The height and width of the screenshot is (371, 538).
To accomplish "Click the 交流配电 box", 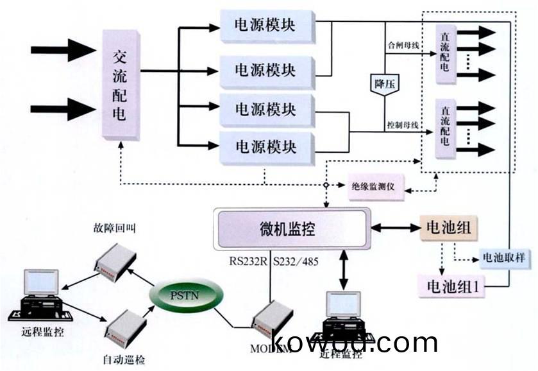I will coord(121,84).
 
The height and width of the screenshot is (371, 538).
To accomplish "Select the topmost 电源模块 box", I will coord(265,26).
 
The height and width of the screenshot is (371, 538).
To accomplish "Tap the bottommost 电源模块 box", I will coord(265,146).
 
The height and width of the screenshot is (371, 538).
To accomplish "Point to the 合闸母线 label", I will coord(403,46).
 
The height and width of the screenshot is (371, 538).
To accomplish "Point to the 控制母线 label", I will coord(403,124).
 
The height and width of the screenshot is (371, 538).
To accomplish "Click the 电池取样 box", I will coord(503,258).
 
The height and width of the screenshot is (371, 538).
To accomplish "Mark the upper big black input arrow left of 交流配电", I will coord(63,49).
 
